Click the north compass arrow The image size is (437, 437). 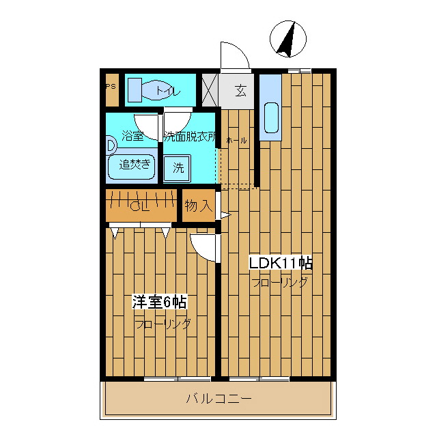pos(285,40)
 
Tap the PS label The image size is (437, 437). pos(110,87)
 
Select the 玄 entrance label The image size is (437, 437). pos(241,90)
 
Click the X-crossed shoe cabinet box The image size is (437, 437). pos(208,90)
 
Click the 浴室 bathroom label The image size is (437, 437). pos(132,136)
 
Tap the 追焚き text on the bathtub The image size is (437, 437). pos(135,164)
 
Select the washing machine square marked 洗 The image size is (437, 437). pos(178,167)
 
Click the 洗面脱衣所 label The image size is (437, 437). pos(189,136)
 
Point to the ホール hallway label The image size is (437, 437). pos(236,141)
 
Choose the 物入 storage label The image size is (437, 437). pos(198,206)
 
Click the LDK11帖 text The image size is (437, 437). pos(280,263)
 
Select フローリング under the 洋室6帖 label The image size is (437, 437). pos(162,323)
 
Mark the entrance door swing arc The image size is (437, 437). pos(232,55)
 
